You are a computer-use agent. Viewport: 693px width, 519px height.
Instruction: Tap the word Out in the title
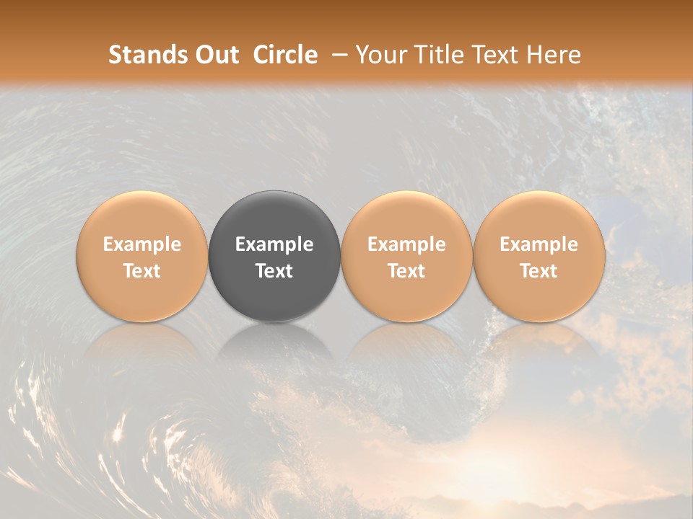point(219,55)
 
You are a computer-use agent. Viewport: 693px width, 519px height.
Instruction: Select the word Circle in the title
point(285,55)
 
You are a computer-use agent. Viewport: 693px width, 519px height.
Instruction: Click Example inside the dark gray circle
point(274,244)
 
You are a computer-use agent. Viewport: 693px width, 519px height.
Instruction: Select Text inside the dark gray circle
point(274,271)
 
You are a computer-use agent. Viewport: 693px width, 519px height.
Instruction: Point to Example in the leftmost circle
point(142,244)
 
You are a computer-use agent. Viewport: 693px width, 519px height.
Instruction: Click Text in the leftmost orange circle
point(142,271)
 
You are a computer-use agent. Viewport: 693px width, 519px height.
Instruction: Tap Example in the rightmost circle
point(539,244)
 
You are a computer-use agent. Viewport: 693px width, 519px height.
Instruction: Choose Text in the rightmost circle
point(539,271)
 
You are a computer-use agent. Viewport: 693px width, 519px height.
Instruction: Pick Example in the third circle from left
point(406,244)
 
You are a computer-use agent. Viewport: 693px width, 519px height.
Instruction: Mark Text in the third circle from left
point(406,271)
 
